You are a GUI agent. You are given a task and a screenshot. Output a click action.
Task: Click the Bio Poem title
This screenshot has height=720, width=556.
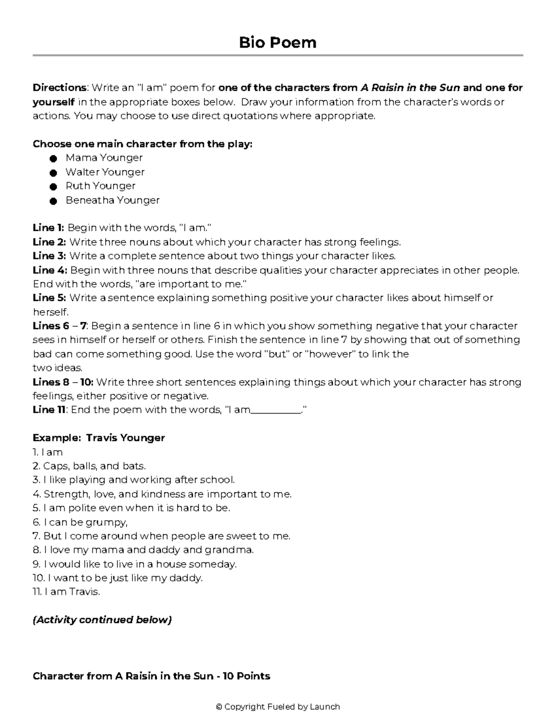pyautogui.click(x=278, y=43)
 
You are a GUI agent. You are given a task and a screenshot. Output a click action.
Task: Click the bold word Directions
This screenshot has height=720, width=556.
pyautogui.click(x=59, y=88)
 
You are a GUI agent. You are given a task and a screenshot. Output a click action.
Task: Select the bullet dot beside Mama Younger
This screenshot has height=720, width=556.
pyautogui.click(x=53, y=159)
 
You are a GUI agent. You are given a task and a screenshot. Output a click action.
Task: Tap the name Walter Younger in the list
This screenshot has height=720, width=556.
pyautogui.click(x=105, y=172)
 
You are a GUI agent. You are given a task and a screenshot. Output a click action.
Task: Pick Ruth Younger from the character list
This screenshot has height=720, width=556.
pyautogui.click(x=100, y=186)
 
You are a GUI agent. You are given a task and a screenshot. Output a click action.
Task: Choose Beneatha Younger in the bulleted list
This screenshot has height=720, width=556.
pyautogui.click(x=112, y=200)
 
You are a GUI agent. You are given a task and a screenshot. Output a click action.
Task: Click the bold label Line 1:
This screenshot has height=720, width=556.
pyautogui.click(x=48, y=228)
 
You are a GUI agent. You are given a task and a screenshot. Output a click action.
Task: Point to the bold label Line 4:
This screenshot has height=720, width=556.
pyautogui.click(x=50, y=270)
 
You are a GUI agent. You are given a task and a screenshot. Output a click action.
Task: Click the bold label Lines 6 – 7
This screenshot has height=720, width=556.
pyautogui.click(x=59, y=326)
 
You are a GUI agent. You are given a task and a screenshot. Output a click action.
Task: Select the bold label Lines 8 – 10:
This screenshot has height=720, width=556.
pyautogui.click(x=63, y=382)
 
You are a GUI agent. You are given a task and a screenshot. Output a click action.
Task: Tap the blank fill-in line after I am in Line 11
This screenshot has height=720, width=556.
pyautogui.click(x=276, y=410)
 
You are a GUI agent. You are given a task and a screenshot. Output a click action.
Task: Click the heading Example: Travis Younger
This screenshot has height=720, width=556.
pyautogui.click(x=99, y=438)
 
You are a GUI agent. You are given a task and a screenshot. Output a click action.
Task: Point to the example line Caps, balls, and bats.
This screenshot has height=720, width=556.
pyautogui.click(x=94, y=466)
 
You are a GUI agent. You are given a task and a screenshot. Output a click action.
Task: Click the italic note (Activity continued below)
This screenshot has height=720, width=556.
pyautogui.click(x=102, y=620)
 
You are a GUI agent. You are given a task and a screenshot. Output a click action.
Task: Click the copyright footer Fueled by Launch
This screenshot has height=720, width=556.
pyautogui.click(x=278, y=707)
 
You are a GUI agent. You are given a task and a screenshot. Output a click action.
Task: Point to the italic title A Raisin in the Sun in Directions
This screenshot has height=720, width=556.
pyautogui.click(x=410, y=88)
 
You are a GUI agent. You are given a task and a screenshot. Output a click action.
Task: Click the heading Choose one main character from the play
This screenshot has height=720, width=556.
pyautogui.click(x=142, y=144)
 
